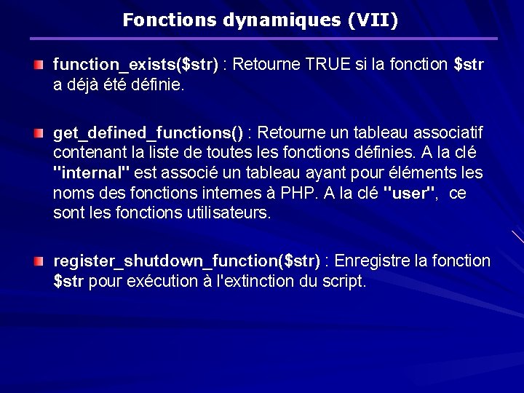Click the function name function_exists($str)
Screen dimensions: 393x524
135,65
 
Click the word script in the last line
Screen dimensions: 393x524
343,281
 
